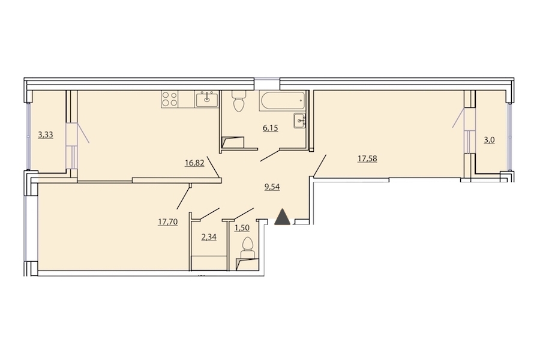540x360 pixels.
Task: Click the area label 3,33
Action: [x=46, y=134]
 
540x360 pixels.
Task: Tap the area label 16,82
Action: [x=194, y=163]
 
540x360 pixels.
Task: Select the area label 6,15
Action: [x=271, y=128]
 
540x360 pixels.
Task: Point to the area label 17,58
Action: [x=367, y=158]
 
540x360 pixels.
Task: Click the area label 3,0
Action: [x=489, y=140]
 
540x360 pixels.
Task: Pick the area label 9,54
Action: [x=272, y=187]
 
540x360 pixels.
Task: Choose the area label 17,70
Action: [x=168, y=222]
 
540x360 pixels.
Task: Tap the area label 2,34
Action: [x=209, y=237]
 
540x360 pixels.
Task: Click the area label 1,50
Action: [x=242, y=228]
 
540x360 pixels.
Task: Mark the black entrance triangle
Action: [x=283, y=217]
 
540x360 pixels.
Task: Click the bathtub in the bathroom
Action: [x=283, y=101]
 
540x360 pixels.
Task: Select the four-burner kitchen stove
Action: [x=170, y=98]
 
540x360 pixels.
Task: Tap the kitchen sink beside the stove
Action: [x=206, y=100]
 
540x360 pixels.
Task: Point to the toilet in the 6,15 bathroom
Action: [x=238, y=101]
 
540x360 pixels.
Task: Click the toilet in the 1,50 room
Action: [x=247, y=247]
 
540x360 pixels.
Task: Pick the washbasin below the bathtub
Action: [x=300, y=121]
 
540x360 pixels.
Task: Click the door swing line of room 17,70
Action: [x=183, y=197]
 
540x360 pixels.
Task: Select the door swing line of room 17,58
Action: [x=319, y=166]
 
